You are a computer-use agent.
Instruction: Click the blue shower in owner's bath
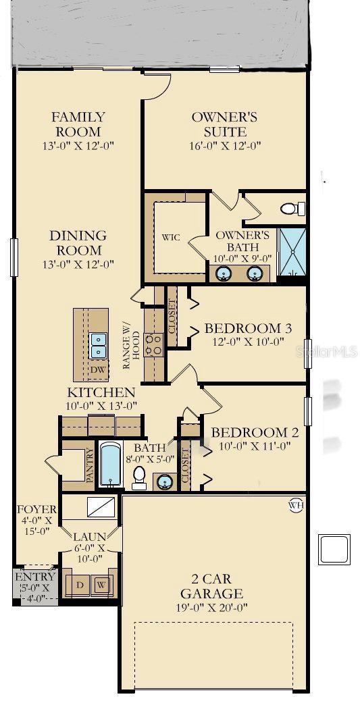point(292,253)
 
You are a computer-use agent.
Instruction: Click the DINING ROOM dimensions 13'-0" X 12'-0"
point(78,264)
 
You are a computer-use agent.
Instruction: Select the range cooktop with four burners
point(155,345)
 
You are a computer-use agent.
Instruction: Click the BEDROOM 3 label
point(248,328)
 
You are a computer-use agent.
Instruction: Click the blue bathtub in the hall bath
point(110,464)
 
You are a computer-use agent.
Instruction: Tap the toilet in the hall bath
point(139,477)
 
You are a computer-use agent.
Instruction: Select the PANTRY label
point(90,465)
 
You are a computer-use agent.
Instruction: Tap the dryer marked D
point(80,585)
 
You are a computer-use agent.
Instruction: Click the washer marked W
point(101,585)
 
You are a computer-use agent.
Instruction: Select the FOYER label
point(36,509)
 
